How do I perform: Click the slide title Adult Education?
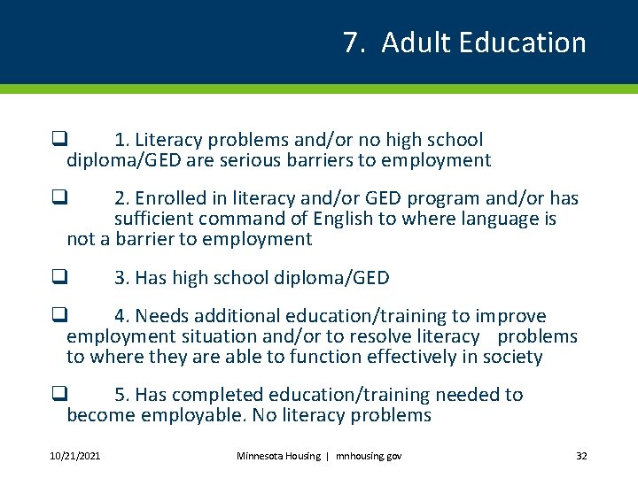tap(483, 42)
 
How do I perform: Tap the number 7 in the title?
tap(351, 42)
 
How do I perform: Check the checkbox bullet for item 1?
tap(58, 139)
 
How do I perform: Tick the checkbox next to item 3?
tap(58, 277)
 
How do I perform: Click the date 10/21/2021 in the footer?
tap(74, 456)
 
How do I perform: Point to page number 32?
tap(581, 456)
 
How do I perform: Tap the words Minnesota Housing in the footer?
tap(277, 456)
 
